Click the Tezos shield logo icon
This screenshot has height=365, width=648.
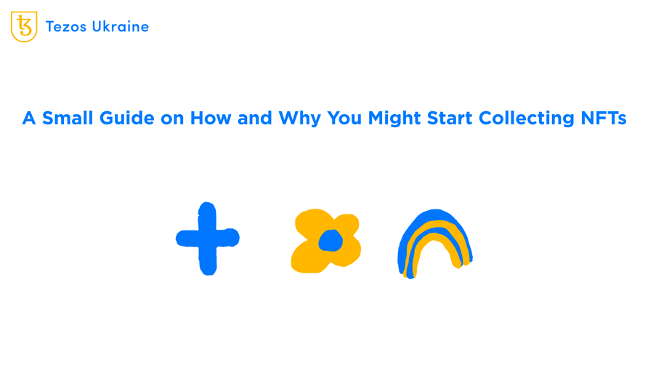[x=24, y=27]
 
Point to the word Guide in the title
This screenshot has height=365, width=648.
[x=129, y=118]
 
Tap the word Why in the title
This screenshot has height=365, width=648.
[x=300, y=118]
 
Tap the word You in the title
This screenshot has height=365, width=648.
[x=345, y=118]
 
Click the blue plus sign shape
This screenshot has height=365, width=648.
[x=207, y=238]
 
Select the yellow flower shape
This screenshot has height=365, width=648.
[x=325, y=241]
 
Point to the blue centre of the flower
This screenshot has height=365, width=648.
[x=330, y=239]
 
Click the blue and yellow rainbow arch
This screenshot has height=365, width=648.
[x=434, y=244]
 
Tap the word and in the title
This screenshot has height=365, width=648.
[x=255, y=118]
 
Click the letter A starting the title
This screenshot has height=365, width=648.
[x=29, y=118]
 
